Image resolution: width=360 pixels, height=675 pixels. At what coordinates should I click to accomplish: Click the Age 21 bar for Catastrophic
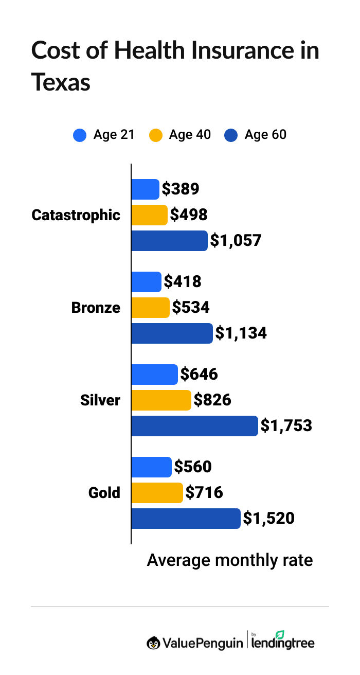pyautogui.click(x=145, y=189)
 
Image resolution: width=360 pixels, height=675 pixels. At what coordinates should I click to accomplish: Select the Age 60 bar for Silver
pyautogui.click(x=194, y=426)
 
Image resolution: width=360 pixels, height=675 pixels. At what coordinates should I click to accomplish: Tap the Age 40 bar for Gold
pyautogui.click(x=157, y=493)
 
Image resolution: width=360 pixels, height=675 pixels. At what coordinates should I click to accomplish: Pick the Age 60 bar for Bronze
pyautogui.click(x=172, y=333)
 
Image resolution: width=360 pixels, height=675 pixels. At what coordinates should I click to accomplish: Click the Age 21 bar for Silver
pyautogui.click(x=154, y=375)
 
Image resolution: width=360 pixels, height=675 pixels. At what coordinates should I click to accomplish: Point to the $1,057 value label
pyautogui.click(x=236, y=241)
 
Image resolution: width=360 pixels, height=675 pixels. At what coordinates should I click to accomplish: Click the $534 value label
pyautogui.click(x=191, y=308)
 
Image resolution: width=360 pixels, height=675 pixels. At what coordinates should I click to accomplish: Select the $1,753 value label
pyautogui.click(x=286, y=426)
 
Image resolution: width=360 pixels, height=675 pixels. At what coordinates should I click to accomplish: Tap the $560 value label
pyautogui.click(x=193, y=467)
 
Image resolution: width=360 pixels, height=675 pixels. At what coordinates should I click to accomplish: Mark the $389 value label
pyautogui.click(x=181, y=189)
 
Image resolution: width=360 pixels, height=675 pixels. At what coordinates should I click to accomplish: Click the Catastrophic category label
pyautogui.click(x=76, y=215)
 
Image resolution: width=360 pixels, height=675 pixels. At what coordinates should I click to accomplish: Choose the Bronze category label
pyautogui.click(x=96, y=308)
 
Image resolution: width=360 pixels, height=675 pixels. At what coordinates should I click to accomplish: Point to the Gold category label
pyautogui.click(x=104, y=493)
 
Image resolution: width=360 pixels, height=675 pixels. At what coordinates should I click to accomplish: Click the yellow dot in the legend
pyautogui.click(x=155, y=135)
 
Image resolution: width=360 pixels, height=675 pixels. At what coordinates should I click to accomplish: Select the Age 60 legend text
pyautogui.click(x=265, y=135)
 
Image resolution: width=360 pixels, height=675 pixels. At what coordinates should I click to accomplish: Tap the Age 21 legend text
pyautogui.click(x=114, y=135)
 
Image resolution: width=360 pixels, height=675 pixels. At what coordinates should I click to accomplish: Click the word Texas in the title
pyautogui.click(x=61, y=82)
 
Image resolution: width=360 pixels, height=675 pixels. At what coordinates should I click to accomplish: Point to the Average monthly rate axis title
pyautogui.click(x=230, y=560)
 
